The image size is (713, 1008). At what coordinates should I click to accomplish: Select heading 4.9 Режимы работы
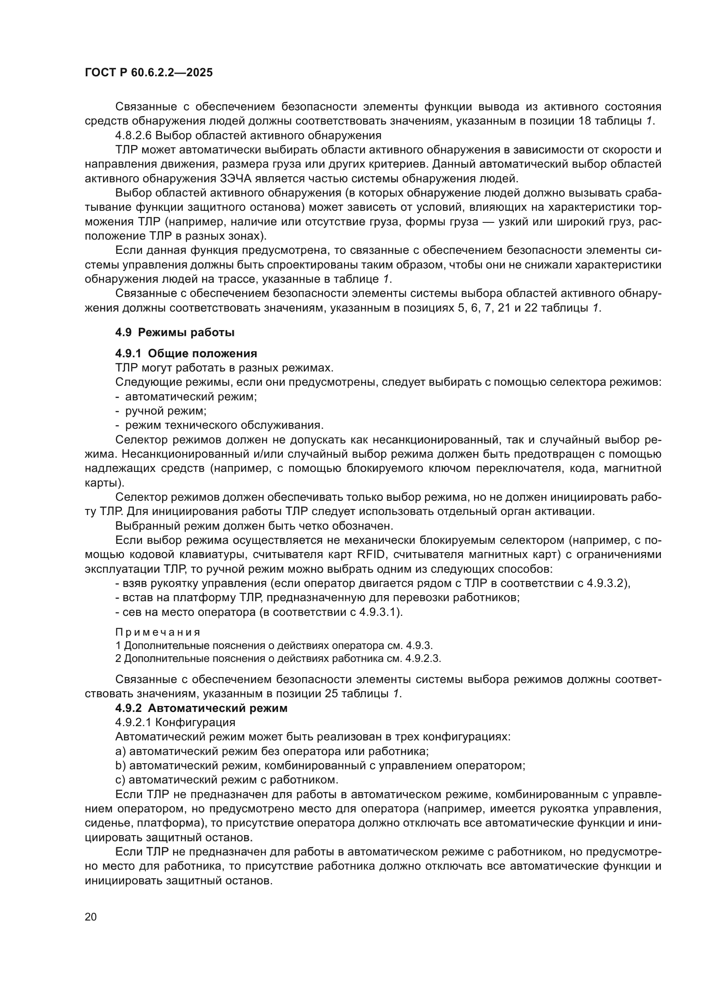click(175, 332)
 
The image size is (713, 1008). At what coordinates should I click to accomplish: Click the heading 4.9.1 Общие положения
click(186, 353)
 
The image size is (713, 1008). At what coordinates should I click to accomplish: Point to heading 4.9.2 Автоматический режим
click(201, 708)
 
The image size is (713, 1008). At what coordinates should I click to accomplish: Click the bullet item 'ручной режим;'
click(166, 411)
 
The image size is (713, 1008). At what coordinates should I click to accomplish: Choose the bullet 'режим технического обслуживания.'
click(224, 425)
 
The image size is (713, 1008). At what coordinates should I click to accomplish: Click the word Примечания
click(158, 633)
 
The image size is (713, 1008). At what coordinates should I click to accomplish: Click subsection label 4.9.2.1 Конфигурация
click(175, 722)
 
